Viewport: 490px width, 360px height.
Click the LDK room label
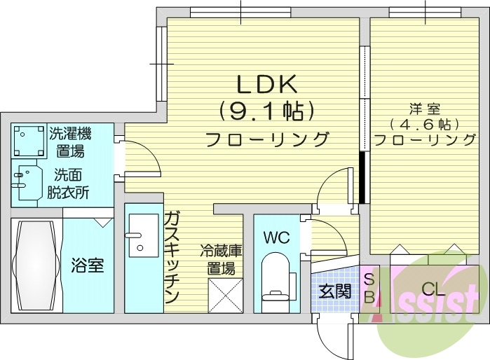(267, 85)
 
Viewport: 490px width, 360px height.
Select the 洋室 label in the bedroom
(424, 109)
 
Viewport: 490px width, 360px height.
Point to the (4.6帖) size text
(425, 125)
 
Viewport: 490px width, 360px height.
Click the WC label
(275, 237)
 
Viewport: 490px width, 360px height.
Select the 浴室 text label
(88, 265)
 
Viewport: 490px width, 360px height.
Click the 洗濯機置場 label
(70, 141)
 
